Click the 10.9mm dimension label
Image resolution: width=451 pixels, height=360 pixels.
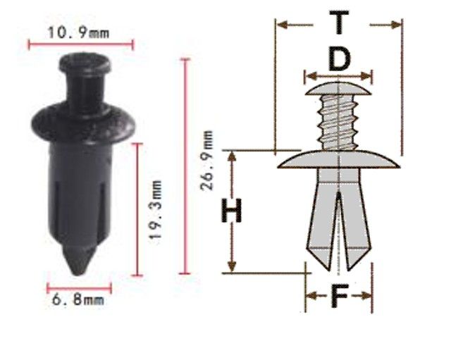[78, 32]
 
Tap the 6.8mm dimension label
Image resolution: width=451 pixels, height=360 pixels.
[78, 300]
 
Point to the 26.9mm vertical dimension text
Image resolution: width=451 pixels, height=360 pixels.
[207, 161]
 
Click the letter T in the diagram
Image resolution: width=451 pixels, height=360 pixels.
[340, 22]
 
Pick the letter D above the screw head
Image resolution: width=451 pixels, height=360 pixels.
[340, 59]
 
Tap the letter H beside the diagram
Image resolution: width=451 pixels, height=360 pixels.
[232, 211]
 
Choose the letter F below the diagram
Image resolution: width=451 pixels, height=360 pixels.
[340, 295]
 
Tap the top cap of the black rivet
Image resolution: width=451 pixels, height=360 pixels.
[85, 63]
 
